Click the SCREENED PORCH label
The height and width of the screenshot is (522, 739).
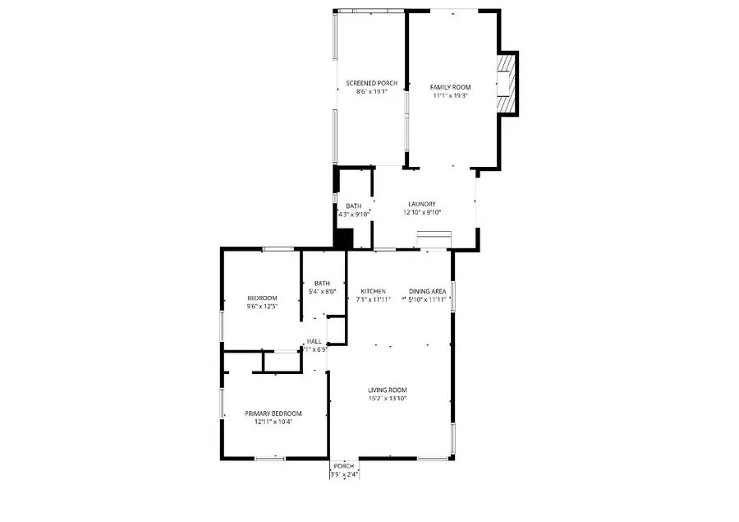pyautogui.click(x=371, y=83)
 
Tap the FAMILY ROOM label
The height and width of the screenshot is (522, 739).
pyautogui.click(x=450, y=86)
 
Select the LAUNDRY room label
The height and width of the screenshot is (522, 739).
pyautogui.click(x=422, y=205)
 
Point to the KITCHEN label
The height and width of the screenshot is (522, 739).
pyautogui.click(x=373, y=291)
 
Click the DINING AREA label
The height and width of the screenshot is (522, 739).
pyautogui.click(x=427, y=291)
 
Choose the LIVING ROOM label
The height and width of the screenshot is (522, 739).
pyautogui.click(x=388, y=390)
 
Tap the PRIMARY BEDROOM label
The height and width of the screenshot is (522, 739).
pyautogui.click(x=273, y=413)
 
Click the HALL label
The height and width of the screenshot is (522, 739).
pyautogui.click(x=314, y=341)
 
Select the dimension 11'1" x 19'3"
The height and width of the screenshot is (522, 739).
pyautogui.click(x=450, y=95)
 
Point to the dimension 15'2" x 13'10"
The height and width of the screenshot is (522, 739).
pyautogui.click(x=388, y=399)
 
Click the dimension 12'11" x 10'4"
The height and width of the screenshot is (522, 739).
pyautogui.click(x=273, y=423)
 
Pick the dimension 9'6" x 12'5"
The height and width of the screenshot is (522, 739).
pyautogui.click(x=263, y=307)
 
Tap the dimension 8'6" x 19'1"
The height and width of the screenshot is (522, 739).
pyautogui.click(x=371, y=92)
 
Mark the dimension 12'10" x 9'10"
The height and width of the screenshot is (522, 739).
pyautogui.click(x=422, y=213)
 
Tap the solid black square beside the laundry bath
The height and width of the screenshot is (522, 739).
pyautogui.click(x=342, y=238)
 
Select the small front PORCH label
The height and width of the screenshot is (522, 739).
pyautogui.click(x=344, y=465)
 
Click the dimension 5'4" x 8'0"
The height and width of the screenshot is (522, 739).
pyautogui.click(x=322, y=292)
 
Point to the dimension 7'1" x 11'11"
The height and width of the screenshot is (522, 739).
pyautogui.click(x=373, y=299)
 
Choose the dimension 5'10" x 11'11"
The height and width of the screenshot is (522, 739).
pyautogui.click(x=427, y=299)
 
